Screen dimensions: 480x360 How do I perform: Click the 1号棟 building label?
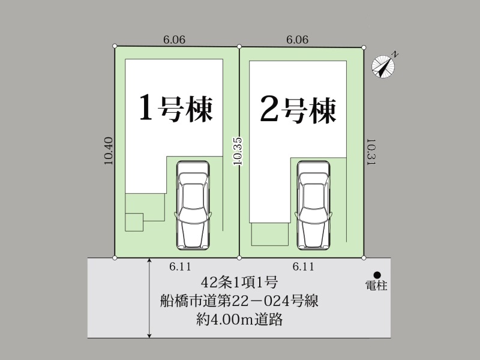tap(176, 109)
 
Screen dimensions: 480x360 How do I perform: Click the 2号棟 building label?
tap(298, 110)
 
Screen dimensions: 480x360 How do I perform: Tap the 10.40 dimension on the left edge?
tap(109, 151)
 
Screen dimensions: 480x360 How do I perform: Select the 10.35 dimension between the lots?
tap(238, 151)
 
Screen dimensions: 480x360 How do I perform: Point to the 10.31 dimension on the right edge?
tap(371, 152)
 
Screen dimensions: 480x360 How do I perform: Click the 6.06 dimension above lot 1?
tap(174, 40)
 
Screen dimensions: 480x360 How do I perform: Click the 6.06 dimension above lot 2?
tap(297, 40)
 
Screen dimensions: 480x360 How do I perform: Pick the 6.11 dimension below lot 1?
tap(180, 266)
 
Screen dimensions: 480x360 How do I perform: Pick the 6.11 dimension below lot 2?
tap(303, 266)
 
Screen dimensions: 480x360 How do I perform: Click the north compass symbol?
tap(383, 66)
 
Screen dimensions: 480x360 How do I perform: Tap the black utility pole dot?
tap(377, 275)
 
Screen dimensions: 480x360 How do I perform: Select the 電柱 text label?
tap(376, 286)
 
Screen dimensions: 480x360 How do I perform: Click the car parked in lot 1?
tap(193, 205)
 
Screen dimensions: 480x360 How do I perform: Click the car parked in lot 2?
tap(314, 205)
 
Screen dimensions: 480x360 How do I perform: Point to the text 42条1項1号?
tap(239, 283)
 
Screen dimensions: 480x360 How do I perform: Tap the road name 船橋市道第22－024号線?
tap(239, 301)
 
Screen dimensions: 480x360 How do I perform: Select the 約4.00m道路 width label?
tap(239, 320)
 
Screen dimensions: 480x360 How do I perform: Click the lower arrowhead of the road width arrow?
tap(149, 336)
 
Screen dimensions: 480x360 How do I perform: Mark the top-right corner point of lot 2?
tap(364, 47)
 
